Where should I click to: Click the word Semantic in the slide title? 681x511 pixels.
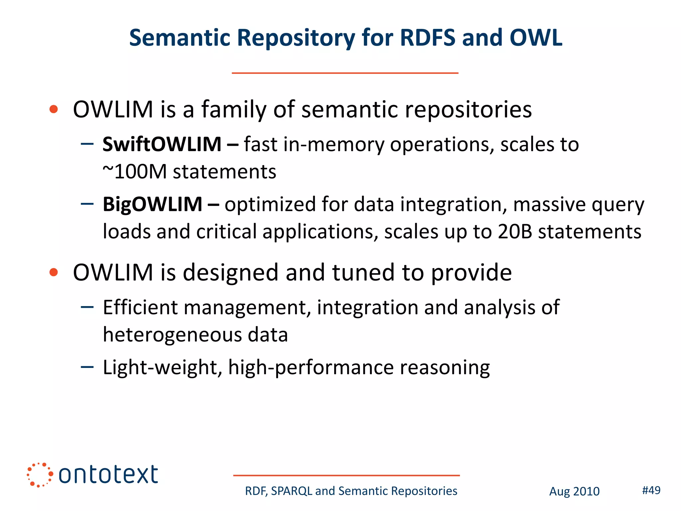pos(179,38)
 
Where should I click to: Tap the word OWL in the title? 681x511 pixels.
pos(536,38)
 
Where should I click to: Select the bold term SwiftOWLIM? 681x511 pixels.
pos(162,144)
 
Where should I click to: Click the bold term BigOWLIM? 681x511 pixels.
pos(152,204)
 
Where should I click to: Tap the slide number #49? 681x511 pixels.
pos(651,490)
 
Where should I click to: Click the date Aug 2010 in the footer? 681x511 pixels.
pos(574,491)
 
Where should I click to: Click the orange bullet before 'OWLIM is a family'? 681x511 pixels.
pos(54,109)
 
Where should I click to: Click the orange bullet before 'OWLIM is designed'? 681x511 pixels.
pos(54,272)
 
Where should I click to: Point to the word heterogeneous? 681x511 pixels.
pos(173,335)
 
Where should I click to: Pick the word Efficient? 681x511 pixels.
pos(140,307)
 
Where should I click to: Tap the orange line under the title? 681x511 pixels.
pos(345,73)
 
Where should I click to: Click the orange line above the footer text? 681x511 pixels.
pos(346,475)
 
